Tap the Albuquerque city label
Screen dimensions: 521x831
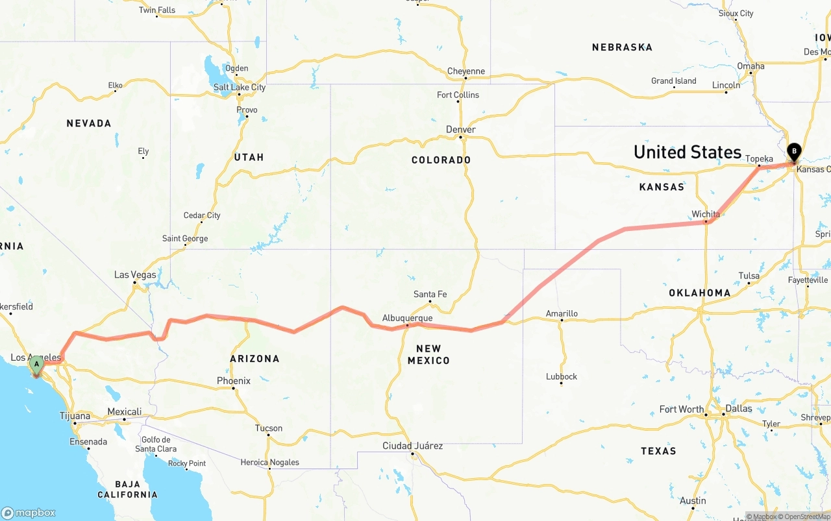407,318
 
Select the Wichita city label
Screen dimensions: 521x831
706,214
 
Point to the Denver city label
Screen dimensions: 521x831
461,130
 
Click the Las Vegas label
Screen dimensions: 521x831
135,274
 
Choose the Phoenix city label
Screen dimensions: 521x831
234,381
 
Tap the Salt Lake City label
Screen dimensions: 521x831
240,87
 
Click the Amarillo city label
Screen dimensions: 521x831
562,313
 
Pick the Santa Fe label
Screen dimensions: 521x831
430,295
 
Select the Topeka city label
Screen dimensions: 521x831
759,159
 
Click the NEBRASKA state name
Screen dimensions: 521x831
622,47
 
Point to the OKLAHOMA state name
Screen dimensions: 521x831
700,293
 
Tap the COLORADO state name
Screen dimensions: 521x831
441,160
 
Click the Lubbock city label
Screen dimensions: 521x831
562,376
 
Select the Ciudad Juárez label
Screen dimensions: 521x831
413,446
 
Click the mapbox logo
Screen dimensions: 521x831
29,513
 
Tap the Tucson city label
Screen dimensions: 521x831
269,428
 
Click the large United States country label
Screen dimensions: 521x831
687,152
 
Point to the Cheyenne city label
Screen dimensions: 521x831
466,71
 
